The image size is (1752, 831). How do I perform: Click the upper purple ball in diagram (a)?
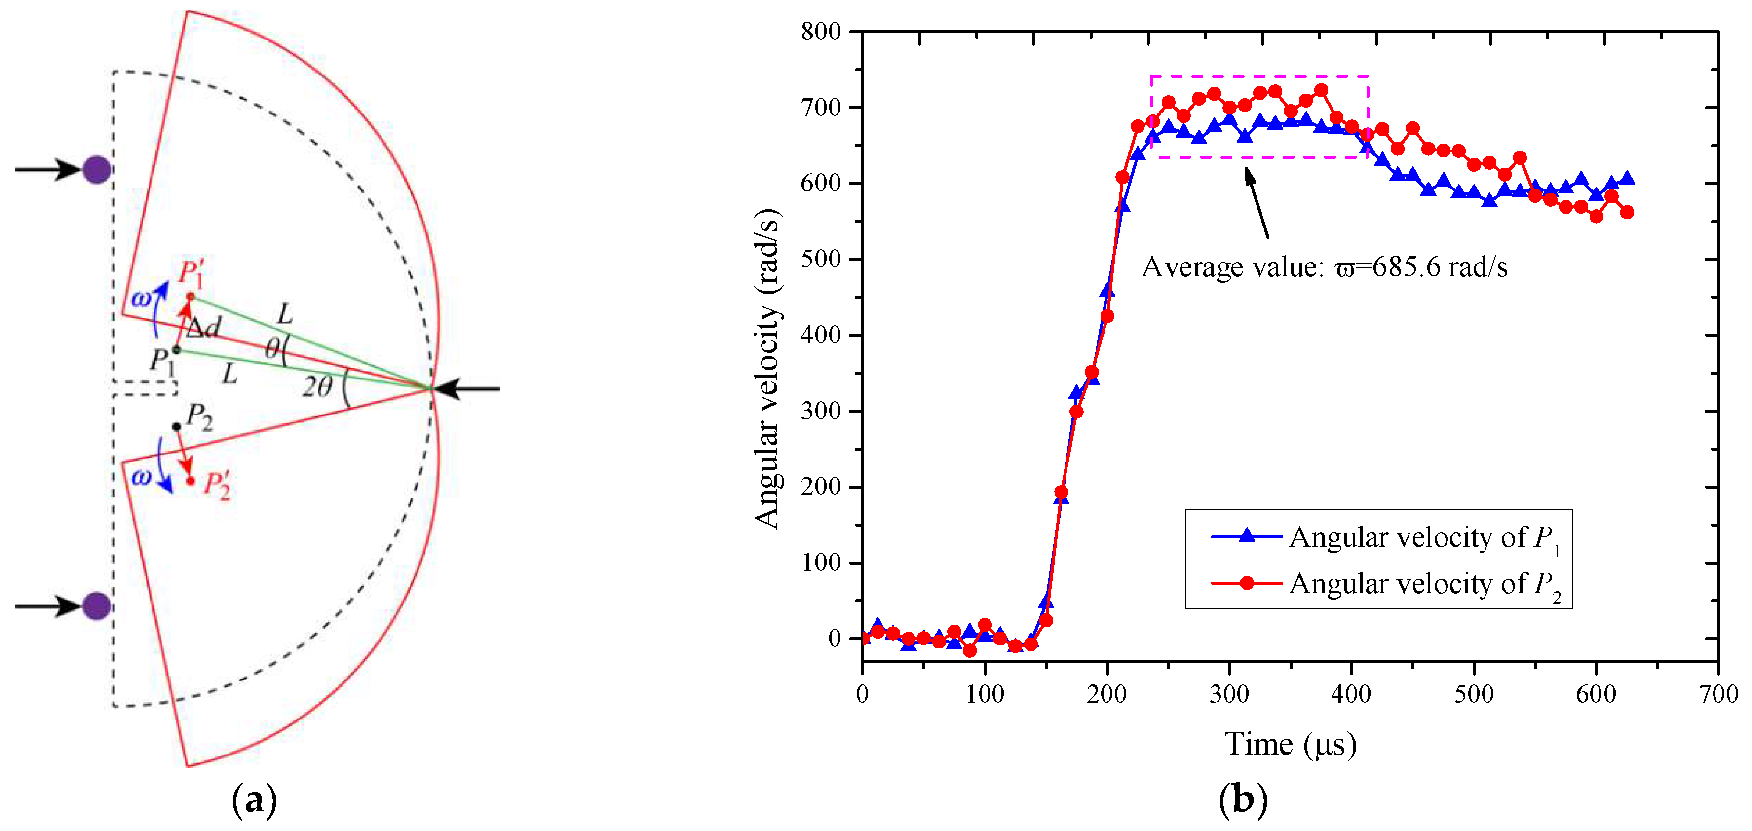(x=97, y=169)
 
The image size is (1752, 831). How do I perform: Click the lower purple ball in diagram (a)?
(x=97, y=605)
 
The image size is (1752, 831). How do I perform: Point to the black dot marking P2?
(x=177, y=427)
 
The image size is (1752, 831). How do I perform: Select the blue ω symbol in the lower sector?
(x=141, y=477)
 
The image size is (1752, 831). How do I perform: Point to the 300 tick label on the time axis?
(x=1229, y=694)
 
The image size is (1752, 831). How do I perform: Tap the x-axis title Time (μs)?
(x=1290, y=744)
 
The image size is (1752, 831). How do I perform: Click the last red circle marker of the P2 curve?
(x=1627, y=212)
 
